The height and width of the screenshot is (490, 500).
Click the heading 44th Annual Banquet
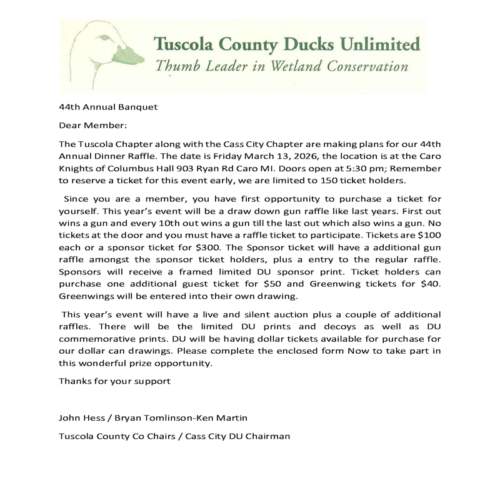(108, 106)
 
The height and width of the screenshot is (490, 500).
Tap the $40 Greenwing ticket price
(429, 284)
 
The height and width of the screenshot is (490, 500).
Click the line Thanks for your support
(114, 381)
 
